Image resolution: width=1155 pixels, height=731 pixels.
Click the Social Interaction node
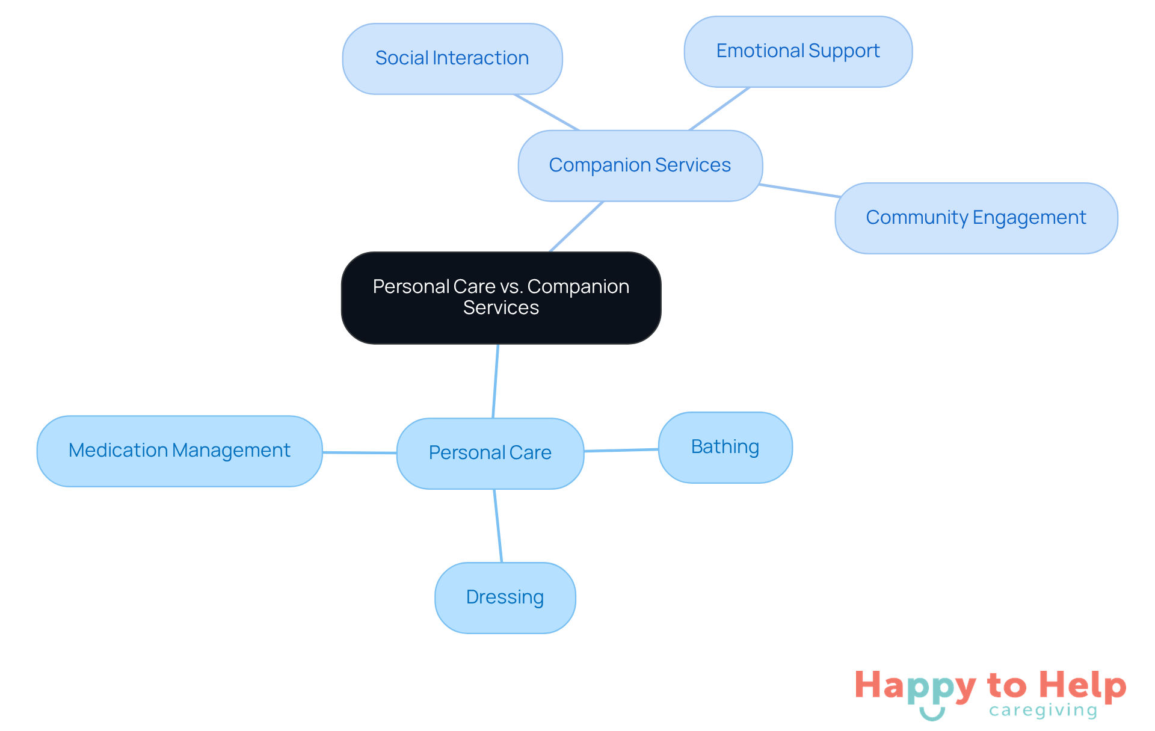452,58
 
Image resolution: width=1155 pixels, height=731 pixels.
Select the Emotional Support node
798,51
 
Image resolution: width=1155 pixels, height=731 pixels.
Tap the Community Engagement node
976,218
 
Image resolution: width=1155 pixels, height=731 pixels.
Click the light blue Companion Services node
640,165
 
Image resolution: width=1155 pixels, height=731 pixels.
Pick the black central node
500,297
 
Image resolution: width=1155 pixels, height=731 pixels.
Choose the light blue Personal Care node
490,453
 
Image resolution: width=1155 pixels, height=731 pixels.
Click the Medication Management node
179,451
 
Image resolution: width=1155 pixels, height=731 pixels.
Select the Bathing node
725,447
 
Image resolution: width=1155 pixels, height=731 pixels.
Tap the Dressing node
505,597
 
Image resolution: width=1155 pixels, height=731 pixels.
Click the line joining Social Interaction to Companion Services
546,113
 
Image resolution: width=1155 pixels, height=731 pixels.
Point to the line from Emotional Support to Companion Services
719,109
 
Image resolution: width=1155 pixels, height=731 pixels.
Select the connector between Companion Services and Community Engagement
800,191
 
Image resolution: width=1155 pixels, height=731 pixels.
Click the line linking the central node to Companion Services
576,227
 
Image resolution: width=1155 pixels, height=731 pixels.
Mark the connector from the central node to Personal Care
496,381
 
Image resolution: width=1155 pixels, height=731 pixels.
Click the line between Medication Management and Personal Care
359,452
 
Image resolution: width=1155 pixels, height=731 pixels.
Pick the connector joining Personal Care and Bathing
621,450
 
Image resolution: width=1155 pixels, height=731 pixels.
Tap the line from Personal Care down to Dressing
498,526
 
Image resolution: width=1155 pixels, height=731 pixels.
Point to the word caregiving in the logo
1043,711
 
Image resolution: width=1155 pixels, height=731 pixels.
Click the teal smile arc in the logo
932,715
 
